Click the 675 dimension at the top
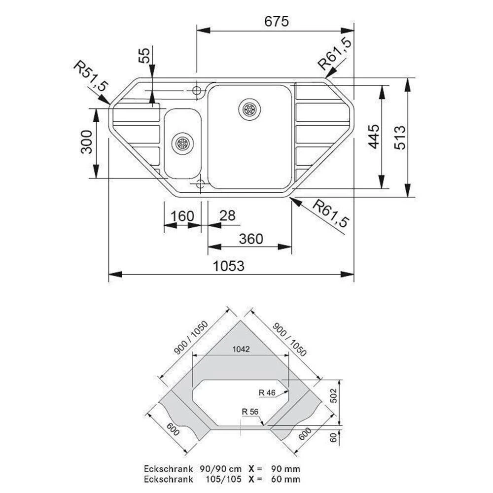tap(277, 21)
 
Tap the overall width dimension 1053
tap(229, 266)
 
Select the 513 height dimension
tap(400, 138)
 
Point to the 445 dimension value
tap(374, 136)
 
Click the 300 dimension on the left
tap(87, 142)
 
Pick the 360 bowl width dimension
tap(251, 239)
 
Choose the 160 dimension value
tap(182, 216)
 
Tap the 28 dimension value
tap(227, 216)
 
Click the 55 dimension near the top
tap(144, 56)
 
